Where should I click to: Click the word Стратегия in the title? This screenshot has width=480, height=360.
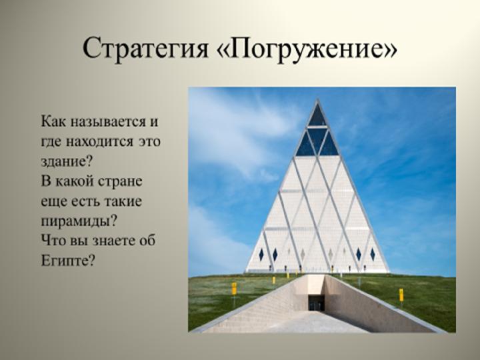tap(146, 49)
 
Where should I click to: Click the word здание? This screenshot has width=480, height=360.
tap(67, 161)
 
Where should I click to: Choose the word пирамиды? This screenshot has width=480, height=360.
tap(79, 221)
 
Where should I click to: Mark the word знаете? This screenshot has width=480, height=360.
tap(115, 240)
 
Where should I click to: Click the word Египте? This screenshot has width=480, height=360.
tap(68, 261)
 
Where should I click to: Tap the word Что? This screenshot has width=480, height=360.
tap(52, 240)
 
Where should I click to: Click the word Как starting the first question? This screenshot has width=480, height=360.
tap(54, 121)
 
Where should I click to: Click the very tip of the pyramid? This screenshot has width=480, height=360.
tap(317, 99)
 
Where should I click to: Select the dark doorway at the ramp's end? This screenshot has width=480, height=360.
tap(316, 303)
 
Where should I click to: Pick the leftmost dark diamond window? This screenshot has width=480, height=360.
tap(261, 255)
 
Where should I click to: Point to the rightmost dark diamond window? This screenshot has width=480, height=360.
tap(373, 255)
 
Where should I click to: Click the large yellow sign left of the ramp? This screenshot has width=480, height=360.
tap(234, 289)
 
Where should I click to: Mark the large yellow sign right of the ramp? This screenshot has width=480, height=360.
tap(401, 295)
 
